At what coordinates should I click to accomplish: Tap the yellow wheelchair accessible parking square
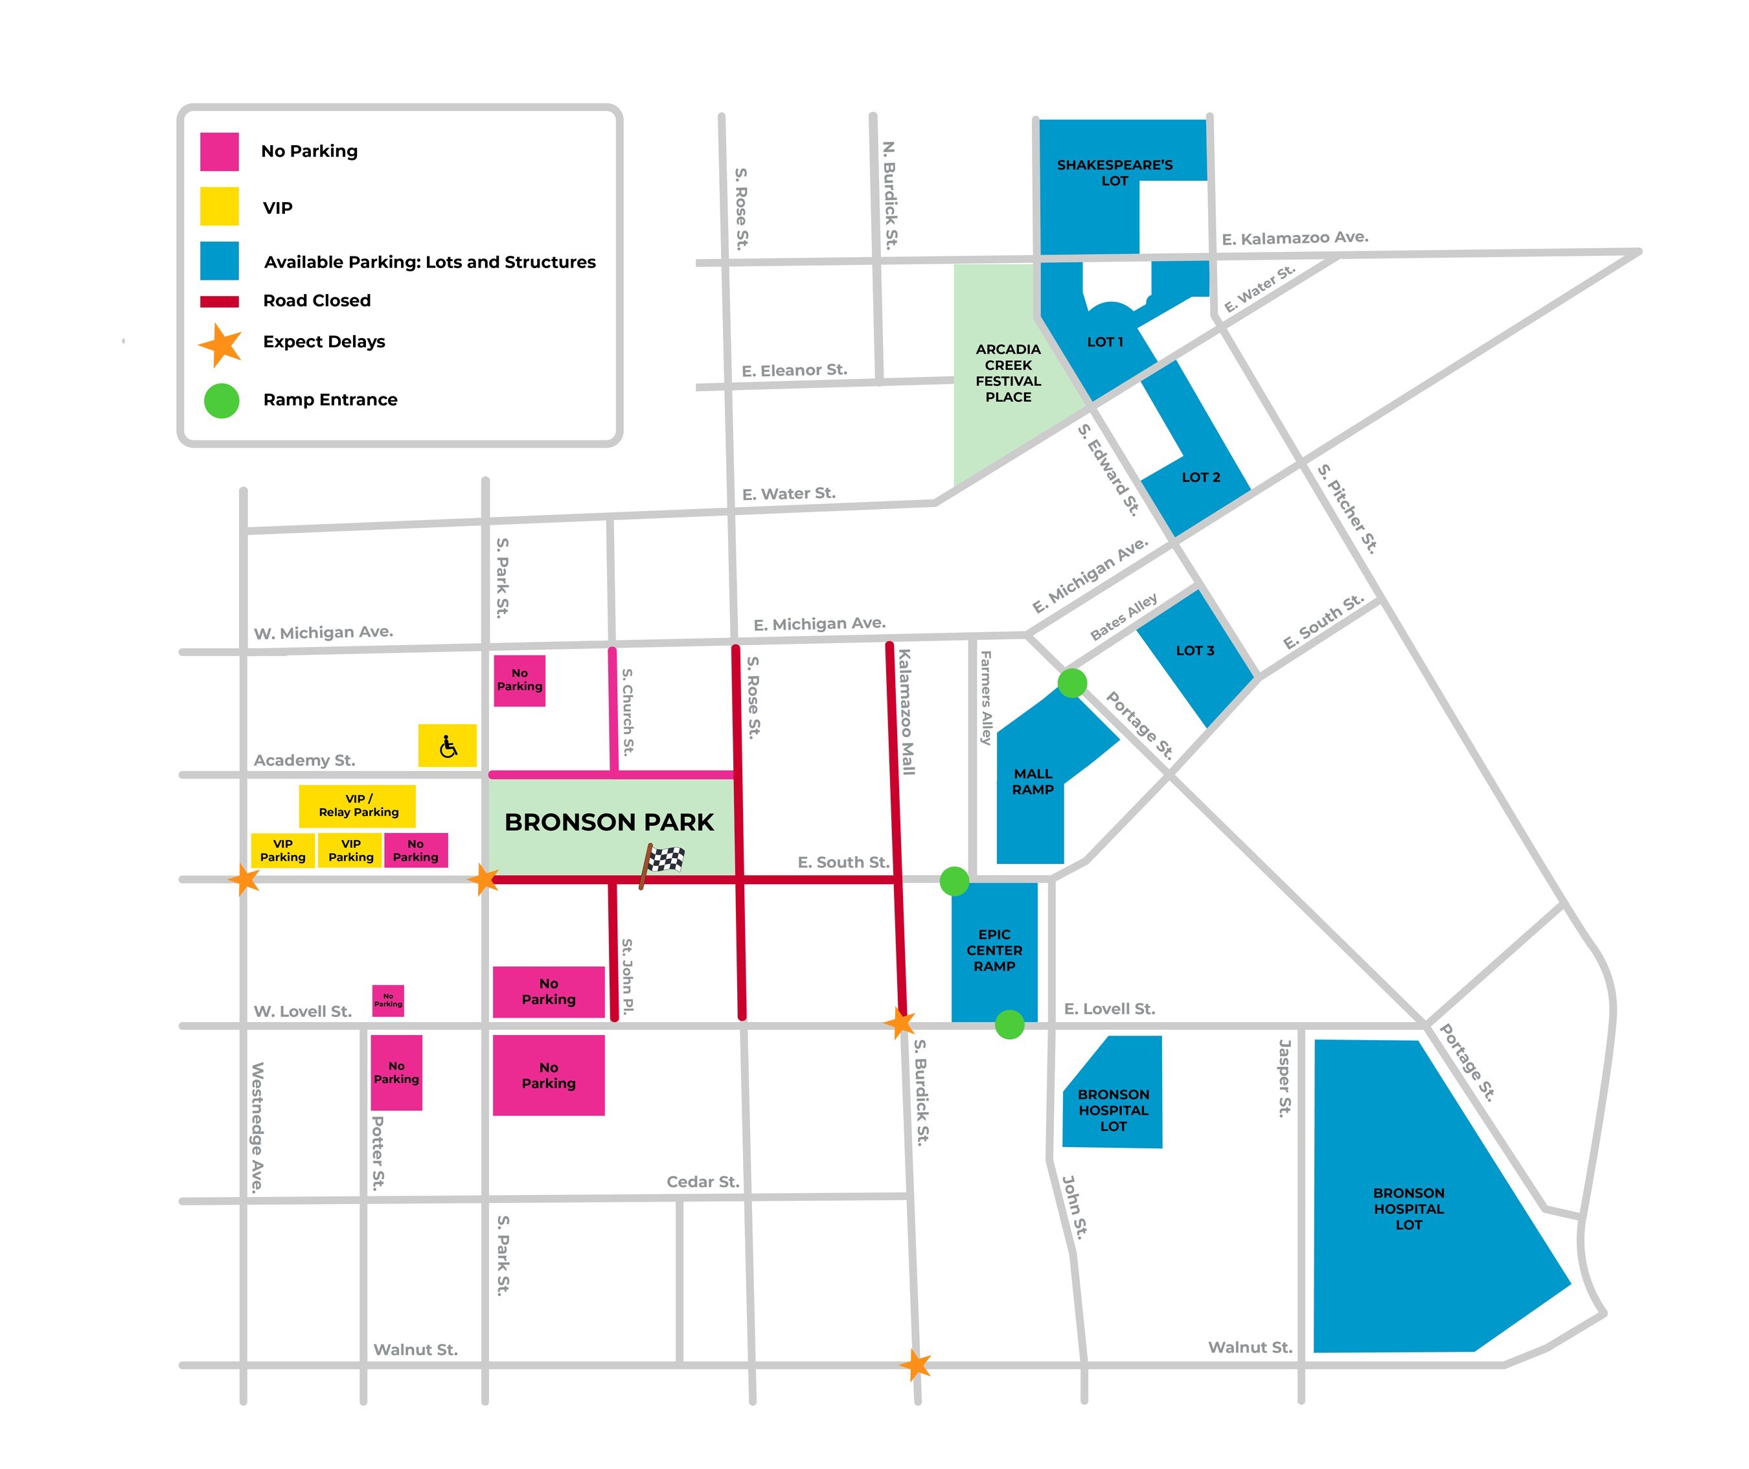447,746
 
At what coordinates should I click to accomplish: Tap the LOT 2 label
1200,477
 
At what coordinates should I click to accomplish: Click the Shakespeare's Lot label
1114,172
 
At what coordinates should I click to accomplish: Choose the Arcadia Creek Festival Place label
1008,373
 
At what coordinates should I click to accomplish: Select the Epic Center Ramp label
994,950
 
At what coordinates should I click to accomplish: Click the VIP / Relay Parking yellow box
358,805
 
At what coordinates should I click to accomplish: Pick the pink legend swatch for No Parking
219,152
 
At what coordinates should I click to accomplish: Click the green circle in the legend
222,400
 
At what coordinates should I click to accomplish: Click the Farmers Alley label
986,698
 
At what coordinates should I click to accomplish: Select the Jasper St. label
1285,1078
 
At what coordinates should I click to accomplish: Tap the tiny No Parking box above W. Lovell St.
388,1000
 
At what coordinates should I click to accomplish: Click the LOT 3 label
1195,650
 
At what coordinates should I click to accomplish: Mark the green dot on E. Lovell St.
1009,1024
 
